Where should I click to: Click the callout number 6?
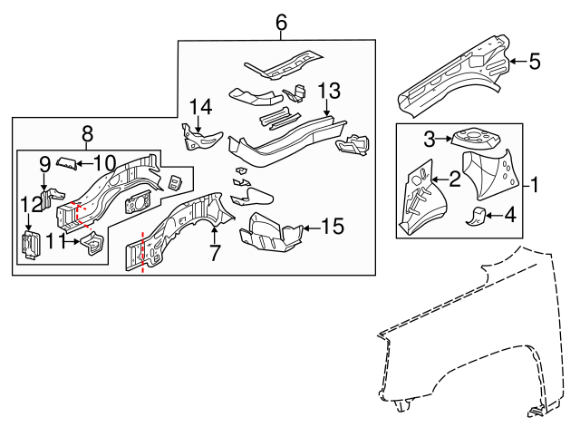point(281,23)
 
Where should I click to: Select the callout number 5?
point(534,62)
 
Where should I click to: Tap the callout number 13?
point(328,91)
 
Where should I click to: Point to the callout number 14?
point(200,107)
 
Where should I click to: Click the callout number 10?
point(105,163)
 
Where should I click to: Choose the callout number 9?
point(43,164)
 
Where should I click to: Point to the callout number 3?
point(431,138)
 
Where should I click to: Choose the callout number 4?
point(510,215)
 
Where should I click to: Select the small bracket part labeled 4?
point(478,215)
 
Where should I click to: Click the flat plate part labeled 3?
point(472,137)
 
